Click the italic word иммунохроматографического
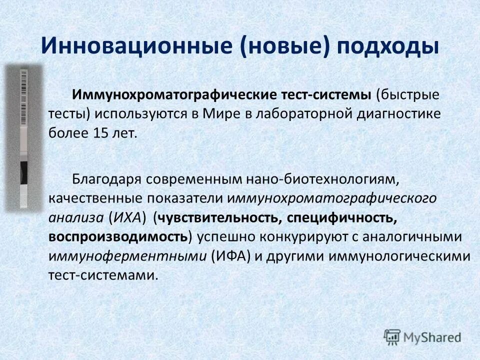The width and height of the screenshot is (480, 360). coord(332,197)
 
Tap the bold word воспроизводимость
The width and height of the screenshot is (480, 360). coord(119,236)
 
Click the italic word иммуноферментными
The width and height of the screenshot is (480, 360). coord(127,256)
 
